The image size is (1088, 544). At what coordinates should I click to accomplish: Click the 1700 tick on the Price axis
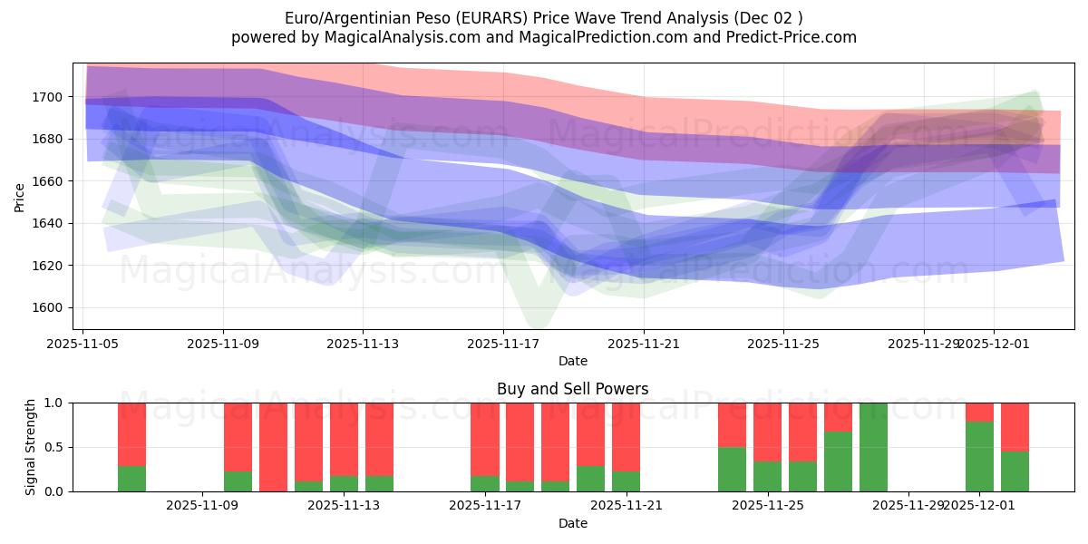pos(49,97)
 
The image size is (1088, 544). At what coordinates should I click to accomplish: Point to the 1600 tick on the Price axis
pos(49,307)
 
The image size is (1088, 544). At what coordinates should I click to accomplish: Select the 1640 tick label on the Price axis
pos(49,223)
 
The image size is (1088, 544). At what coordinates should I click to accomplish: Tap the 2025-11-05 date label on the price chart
pos(83,344)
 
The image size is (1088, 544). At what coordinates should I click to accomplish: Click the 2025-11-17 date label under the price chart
pos(503,344)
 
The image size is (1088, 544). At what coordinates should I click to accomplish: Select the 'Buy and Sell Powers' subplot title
pos(572,389)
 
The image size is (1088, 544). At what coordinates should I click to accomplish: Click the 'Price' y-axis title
pos(20,197)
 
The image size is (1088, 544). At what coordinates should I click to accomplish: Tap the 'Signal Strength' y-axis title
pos(31,446)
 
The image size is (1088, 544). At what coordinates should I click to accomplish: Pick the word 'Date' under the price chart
pos(572,361)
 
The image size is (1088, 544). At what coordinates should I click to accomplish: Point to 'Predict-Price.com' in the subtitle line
pos(794,37)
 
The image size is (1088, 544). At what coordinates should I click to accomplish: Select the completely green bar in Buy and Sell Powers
pos(873,447)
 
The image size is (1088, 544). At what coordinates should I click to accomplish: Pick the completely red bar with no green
pos(273,447)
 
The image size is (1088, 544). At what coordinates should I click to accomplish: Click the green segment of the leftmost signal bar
pos(131,479)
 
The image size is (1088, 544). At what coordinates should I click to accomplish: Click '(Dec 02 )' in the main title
pos(767,18)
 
